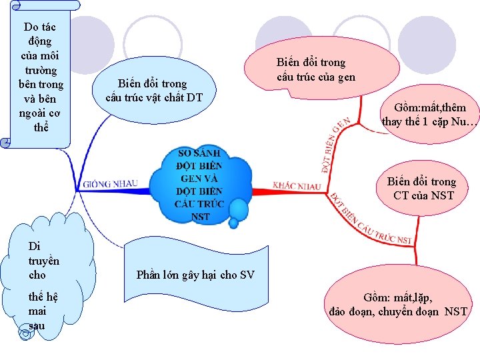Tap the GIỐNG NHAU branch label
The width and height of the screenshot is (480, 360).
pos(111,183)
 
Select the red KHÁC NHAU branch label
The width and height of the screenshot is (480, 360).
pos(297,185)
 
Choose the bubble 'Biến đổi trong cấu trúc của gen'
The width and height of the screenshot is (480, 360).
pos(315,69)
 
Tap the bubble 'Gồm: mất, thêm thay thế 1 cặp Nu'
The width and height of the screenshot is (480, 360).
pos(430,115)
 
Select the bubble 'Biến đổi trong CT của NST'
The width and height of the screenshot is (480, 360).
pos(424,189)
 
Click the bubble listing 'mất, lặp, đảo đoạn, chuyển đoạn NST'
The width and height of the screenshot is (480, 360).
pos(399,305)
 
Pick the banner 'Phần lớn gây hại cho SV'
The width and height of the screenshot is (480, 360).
pos(195,275)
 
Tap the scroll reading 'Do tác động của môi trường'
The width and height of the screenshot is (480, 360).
pos(40,77)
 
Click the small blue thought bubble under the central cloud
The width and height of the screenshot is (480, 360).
pos(238,211)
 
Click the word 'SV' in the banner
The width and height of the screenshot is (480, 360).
pos(247,275)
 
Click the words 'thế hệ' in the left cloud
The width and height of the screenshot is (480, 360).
pos(42,297)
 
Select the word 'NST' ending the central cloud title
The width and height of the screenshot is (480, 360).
pos(200,217)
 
